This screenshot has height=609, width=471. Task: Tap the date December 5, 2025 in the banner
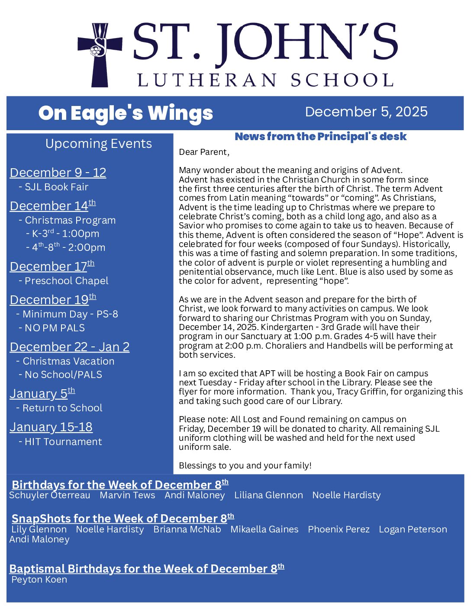366,112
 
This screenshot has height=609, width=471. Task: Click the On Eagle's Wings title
126,113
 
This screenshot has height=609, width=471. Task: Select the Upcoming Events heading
98,144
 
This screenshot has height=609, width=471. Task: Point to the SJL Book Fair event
56,187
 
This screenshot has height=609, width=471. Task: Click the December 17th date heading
52,266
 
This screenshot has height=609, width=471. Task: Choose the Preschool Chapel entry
66,281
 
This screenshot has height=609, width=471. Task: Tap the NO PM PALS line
55,328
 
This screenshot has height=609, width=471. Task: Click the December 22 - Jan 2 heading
69,347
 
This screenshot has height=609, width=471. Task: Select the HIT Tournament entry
63,442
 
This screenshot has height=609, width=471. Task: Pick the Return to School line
62,408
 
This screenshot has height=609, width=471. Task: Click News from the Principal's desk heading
320,137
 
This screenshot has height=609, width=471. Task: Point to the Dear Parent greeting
204,152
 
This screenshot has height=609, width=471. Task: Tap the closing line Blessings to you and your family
245,465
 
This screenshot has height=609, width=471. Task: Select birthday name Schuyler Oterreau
50,495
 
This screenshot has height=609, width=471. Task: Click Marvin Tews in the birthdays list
127,495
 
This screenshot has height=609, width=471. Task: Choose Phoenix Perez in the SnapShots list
339,529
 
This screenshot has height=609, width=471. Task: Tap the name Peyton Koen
39,580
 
